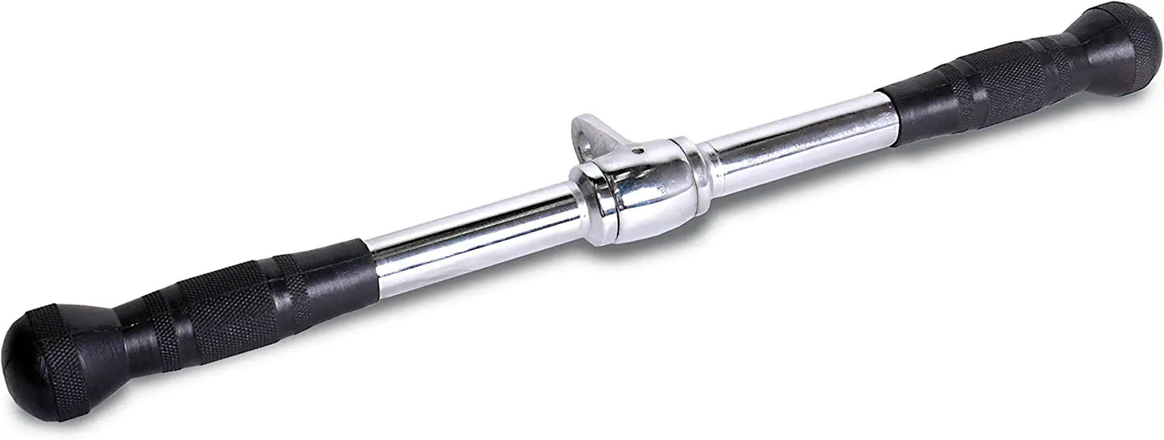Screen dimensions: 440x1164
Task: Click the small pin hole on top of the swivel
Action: click(636, 150)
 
